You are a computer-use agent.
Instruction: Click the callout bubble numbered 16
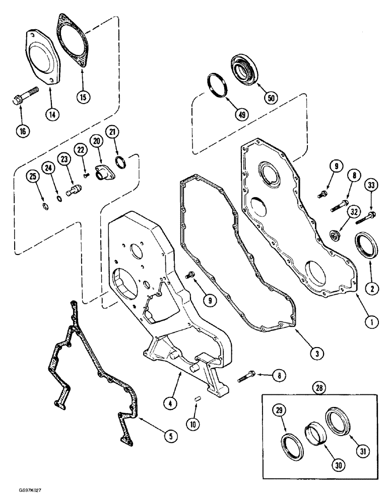(x=22, y=131)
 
